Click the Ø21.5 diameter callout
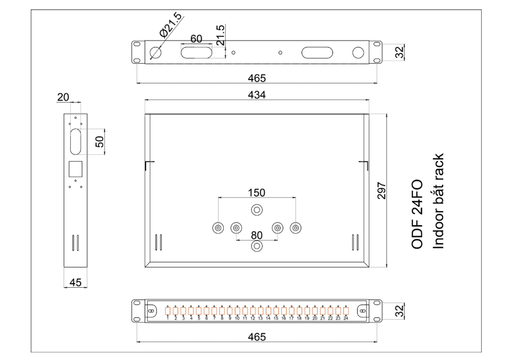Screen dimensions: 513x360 pos(170,25)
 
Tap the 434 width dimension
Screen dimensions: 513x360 pos(257,95)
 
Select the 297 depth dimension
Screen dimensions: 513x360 pos(382,191)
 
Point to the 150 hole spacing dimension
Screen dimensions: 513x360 pos(256,193)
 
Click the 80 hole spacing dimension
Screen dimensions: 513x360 pos(257,235)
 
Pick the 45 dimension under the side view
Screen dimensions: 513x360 pos(75,283)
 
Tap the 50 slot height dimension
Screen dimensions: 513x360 pos(100,142)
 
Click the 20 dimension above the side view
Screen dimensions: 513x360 pos(63,97)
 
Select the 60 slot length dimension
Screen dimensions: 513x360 pos(196,39)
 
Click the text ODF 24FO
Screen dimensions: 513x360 pos(417,214)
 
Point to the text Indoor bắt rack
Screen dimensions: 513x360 pos(438,201)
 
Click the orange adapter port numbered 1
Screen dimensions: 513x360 pos(168,311)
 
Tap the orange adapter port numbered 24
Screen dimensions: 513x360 pos(346,311)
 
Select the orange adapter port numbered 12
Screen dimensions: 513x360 pos(253,311)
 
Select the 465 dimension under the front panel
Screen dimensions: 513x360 pos(257,337)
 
